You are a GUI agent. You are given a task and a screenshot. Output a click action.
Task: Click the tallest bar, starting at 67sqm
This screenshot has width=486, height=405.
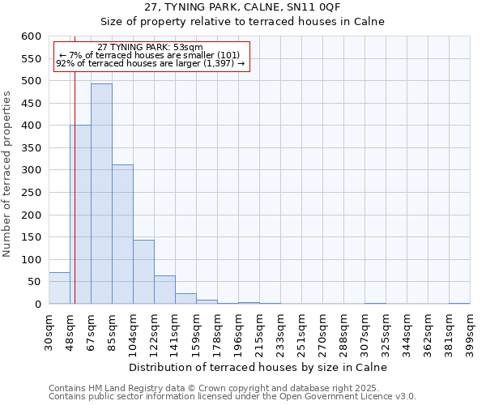point(101,194)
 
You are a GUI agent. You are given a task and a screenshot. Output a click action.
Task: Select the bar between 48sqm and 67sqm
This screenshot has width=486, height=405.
point(80,215)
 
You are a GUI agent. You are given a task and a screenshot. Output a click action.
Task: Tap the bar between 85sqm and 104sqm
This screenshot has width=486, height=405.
point(122,235)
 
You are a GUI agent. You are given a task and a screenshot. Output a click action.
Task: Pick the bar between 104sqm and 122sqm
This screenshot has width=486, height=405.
point(143,272)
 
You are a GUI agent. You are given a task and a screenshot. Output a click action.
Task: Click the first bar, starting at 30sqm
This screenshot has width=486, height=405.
point(59,288)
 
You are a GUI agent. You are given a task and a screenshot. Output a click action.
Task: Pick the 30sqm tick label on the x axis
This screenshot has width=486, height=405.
point(49,332)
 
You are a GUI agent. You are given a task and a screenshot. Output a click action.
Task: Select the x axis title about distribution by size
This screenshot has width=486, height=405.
point(258,367)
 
